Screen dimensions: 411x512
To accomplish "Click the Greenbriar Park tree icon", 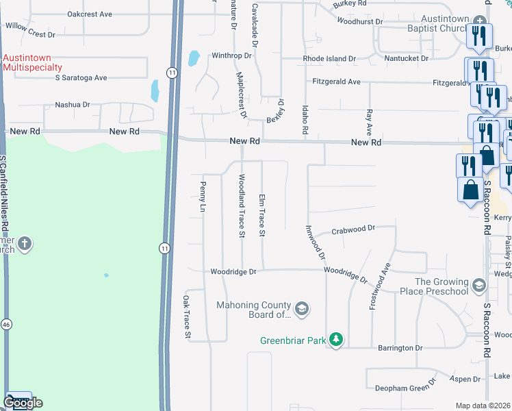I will coord(335,340).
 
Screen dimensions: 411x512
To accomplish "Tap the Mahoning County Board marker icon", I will coord(302,310).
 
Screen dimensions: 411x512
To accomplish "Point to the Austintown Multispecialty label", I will coord(32,62).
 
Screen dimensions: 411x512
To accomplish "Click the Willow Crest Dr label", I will coord(29,34).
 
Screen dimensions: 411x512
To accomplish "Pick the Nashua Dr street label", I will coord(73,105).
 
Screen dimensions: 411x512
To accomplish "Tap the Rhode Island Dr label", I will coord(330,59).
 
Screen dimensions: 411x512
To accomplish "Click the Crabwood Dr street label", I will coord(354,229).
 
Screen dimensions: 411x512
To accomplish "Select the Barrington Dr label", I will coord(400,348).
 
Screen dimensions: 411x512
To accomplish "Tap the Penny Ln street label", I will coord(203,196).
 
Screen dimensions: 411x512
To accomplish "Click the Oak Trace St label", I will coord(185,316).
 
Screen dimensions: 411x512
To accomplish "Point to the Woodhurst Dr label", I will coord(360,21).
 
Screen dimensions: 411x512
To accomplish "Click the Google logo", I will coord(23,403).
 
